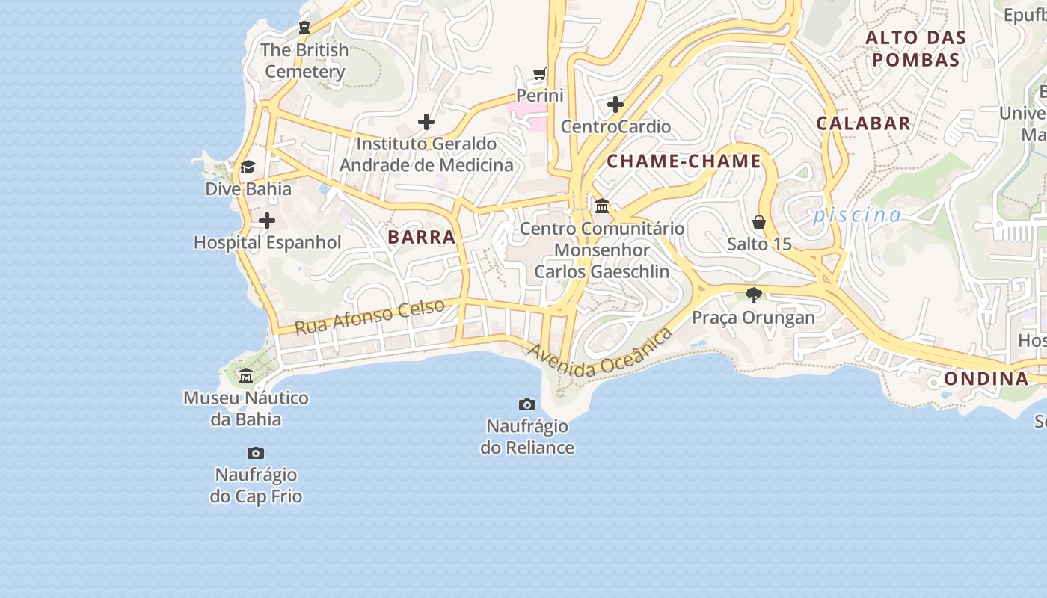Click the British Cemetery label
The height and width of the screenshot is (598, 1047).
(x=304, y=61)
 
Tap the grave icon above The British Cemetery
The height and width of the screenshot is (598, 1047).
(x=304, y=28)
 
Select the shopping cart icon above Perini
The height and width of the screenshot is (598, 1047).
(x=540, y=73)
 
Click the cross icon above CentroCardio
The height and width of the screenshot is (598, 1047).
(x=615, y=105)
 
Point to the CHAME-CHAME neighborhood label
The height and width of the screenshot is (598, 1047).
(x=684, y=161)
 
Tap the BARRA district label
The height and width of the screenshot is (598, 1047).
(x=422, y=237)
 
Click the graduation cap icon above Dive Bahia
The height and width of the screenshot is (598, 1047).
(x=248, y=167)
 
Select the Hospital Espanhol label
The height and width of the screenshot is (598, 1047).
(x=267, y=242)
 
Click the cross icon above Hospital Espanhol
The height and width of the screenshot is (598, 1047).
(x=267, y=221)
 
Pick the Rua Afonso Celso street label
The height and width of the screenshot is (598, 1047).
(x=369, y=317)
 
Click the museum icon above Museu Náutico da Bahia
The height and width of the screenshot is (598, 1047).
(x=246, y=375)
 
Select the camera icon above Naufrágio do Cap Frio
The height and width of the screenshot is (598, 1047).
(x=256, y=453)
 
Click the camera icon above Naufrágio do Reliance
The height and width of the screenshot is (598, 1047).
(x=527, y=404)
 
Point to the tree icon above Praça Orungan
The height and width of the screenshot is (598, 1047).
(x=753, y=295)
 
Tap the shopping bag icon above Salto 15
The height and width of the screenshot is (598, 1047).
(x=759, y=222)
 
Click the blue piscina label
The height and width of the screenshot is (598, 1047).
(x=857, y=215)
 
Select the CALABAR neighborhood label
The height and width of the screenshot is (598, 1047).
(x=863, y=123)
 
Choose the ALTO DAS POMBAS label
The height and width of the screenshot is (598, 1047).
(x=916, y=49)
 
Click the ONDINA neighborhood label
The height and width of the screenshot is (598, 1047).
(x=986, y=378)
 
